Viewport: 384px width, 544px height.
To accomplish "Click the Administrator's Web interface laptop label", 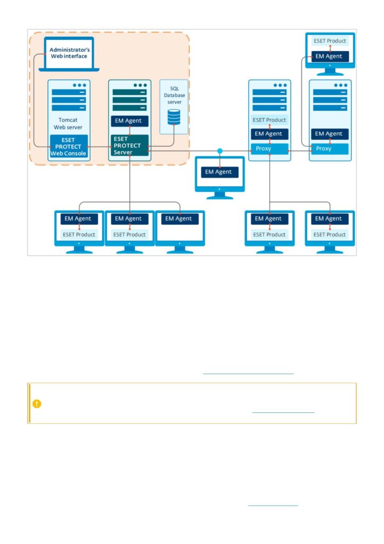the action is pyautogui.click(x=69, y=53).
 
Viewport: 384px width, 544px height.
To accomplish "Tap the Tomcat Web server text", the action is pyautogui.click(x=68, y=123).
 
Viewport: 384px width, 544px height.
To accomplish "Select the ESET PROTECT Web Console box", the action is pyautogui.click(x=68, y=147).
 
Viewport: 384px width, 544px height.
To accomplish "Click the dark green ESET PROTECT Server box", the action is pyautogui.click(x=129, y=146).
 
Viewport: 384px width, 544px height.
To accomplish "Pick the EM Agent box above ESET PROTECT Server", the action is pyautogui.click(x=129, y=121).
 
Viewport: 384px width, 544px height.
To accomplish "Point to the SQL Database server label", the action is pyautogui.click(x=174, y=96).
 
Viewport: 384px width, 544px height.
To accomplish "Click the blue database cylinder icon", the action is pyautogui.click(x=174, y=117).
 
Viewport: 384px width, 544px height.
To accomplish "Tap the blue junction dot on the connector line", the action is pyautogui.click(x=220, y=151).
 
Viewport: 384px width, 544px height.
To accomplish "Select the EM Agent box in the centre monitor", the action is pyautogui.click(x=220, y=172).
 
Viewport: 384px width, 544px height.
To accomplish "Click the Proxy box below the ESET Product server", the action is pyautogui.click(x=269, y=149).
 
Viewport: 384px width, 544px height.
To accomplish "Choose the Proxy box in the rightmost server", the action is pyautogui.click(x=330, y=149).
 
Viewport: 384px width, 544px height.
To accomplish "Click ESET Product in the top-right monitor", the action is pyautogui.click(x=330, y=41).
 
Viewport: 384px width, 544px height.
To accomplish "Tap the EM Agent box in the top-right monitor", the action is pyautogui.click(x=330, y=56).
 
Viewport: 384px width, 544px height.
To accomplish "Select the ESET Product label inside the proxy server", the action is pyautogui.click(x=269, y=120).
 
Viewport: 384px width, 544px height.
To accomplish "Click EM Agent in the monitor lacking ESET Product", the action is pyautogui.click(x=180, y=218).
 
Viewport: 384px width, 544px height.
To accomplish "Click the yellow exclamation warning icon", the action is pyautogui.click(x=37, y=404).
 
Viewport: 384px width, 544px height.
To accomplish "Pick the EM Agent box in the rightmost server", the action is pyautogui.click(x=330, y=133).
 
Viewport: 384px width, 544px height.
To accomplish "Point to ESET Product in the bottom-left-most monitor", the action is pyautogui.click(x=79, y=234).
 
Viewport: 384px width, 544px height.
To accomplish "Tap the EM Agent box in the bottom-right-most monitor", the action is pyautogui.click(x=330, y=218).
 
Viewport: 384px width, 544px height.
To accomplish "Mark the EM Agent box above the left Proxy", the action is pyautogui.click(x=269, y=133).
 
